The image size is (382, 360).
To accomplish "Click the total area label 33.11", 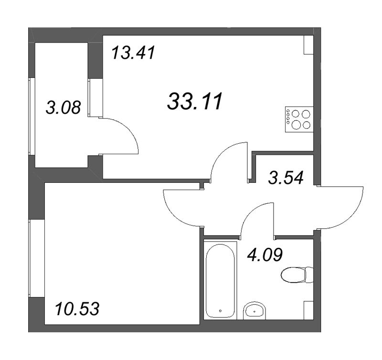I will tap(195, 102).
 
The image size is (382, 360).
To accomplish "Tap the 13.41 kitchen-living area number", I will tap(133, 53).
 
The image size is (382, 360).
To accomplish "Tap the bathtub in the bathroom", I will tap(220, 279).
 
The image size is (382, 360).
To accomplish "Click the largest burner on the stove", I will tap(297, 125).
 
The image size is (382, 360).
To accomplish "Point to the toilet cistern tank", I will tap(308, 275).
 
